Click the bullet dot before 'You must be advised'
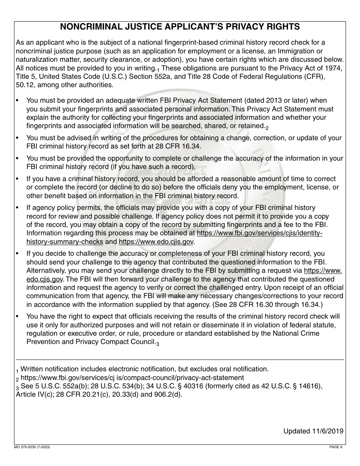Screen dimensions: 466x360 [17, 138]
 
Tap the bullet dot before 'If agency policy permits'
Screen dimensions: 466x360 [17, 208]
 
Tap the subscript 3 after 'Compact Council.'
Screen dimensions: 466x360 [158, 344]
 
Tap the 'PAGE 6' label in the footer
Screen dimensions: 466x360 [336, 447]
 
